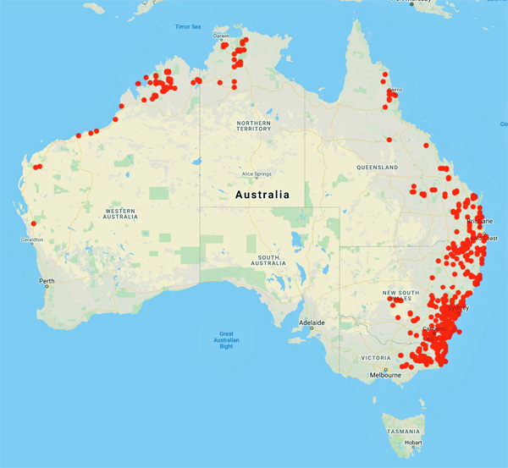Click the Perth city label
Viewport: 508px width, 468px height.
(46, 280)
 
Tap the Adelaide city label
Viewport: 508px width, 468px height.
(312, 323)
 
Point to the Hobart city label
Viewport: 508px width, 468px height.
(413, 442)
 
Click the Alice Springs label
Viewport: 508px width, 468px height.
(256, 174)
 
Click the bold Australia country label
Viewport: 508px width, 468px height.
(262, 194)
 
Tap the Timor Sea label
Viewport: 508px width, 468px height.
(187, 27)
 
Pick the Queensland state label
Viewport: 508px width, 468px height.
(377, 168)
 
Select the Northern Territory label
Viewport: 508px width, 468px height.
(253, 124)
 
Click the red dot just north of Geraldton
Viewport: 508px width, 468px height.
(33, 224)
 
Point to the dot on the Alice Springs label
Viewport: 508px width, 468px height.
(257, 168)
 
